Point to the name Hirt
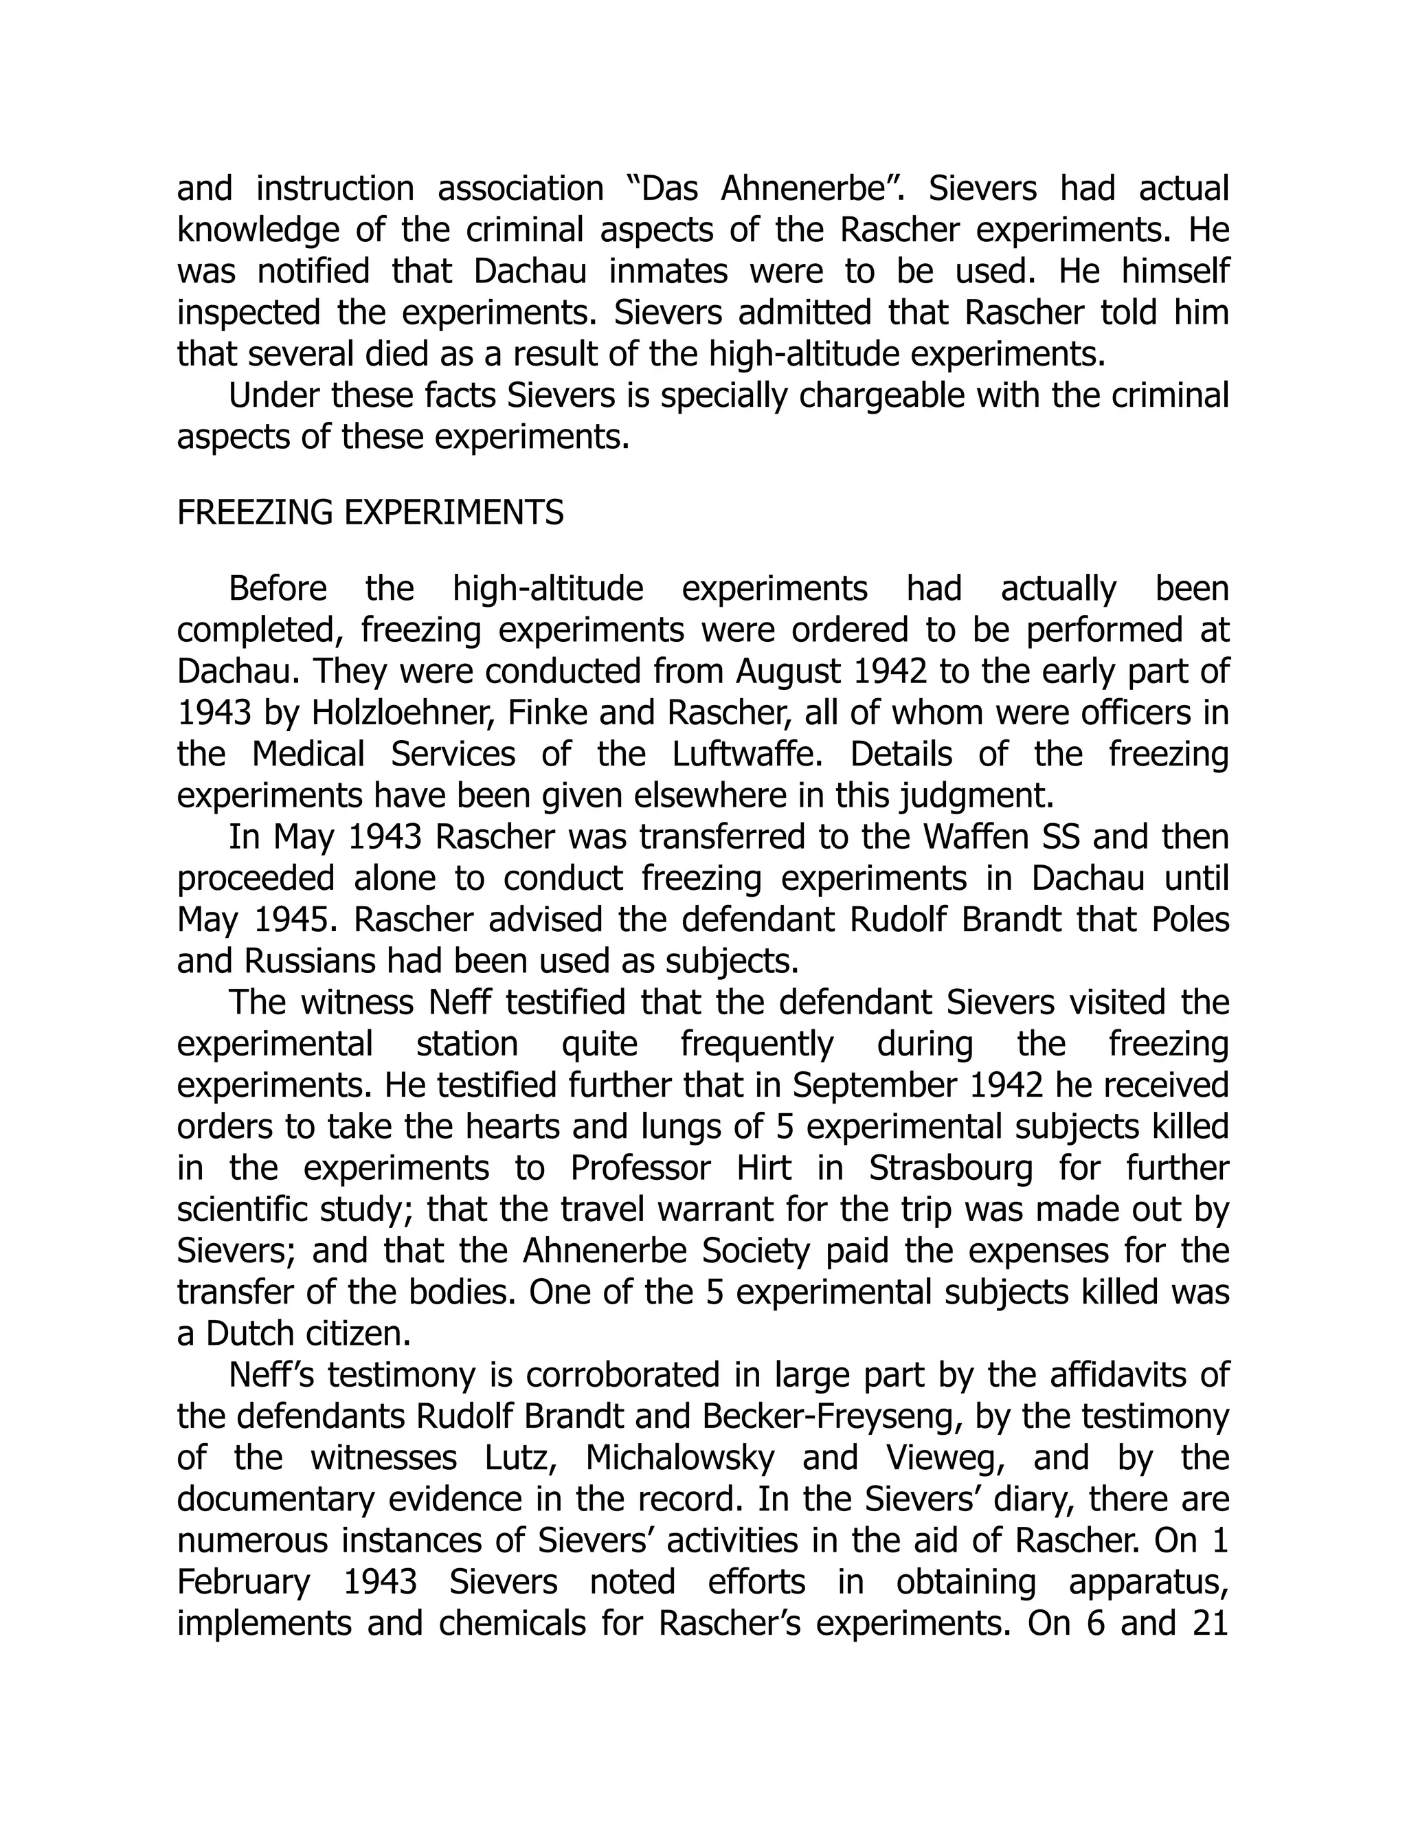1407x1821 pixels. (x=763, y=1168)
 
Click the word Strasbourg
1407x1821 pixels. (x=950, y=1168)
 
